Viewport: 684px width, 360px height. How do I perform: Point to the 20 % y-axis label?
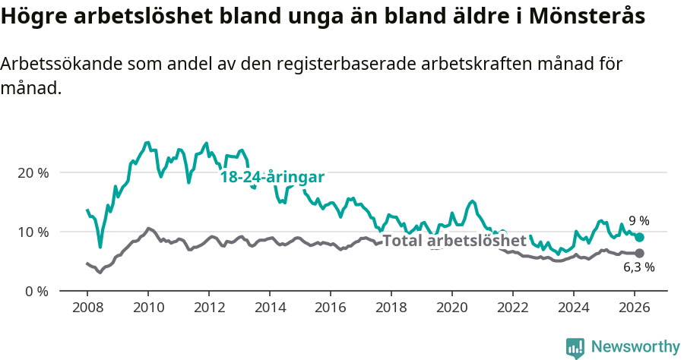click(x=33, y=172)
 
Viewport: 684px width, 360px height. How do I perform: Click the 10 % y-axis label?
click(x=33, y=232)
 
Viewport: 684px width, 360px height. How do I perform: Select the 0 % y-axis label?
click(x=36, y=291)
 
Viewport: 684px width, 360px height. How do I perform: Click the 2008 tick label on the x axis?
click(x=87, y=307)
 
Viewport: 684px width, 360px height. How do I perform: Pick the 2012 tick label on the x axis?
click(x=208, y=307)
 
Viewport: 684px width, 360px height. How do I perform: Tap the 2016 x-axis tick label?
click(x=330, y=307)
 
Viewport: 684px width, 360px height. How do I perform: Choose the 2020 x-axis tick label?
click(x=451, y=307)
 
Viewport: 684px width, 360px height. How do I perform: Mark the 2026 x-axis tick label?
click(x=634, y=307)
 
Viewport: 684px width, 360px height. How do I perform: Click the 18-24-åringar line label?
click(x=272, y=177)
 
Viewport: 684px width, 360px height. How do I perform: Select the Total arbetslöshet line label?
click(x=454, y=241)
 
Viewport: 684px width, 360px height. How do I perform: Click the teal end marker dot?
click(x=639, y=238)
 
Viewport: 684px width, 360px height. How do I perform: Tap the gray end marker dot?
click(x=639, y=253)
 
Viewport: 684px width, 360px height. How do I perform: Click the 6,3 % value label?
click(x=638, y=267)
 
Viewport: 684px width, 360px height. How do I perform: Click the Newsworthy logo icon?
click(x=575, y=347)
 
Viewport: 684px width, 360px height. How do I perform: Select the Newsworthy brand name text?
click(x=635, y=347)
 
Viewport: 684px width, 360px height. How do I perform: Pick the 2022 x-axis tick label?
click(x=512, y=307)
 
